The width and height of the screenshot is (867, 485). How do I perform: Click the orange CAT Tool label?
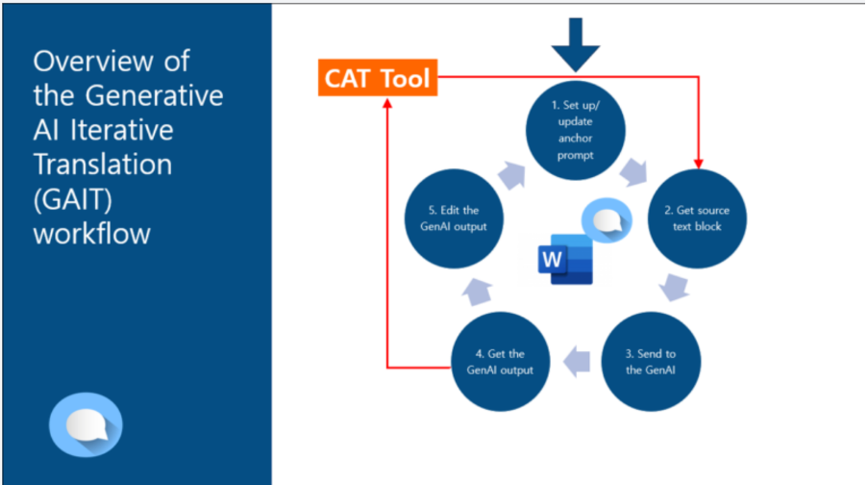(378, 78)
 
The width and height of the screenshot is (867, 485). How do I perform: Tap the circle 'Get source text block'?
(695, 219)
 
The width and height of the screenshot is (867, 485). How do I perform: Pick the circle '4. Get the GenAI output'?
(501, 362)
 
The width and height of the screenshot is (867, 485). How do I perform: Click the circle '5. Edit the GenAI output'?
(455, 219)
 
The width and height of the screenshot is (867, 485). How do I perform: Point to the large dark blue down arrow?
(581, 44)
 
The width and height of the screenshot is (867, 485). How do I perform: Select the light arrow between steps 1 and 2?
(633, 171)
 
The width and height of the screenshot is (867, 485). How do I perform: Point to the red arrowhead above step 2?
(699, 160)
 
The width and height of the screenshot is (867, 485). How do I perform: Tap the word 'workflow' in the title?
(92, 233)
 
